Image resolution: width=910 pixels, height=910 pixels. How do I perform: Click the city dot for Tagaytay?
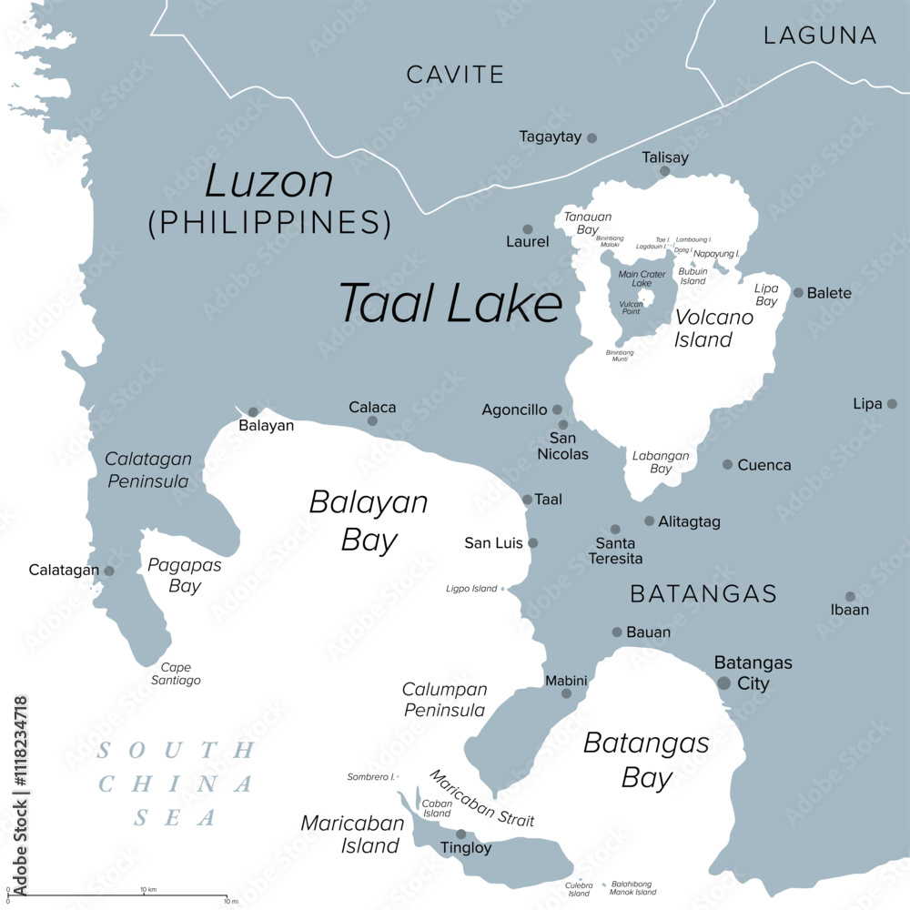point(591,137)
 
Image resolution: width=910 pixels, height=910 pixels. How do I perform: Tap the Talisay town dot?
point(664,171)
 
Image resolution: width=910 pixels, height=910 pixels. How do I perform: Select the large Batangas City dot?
point(723,682)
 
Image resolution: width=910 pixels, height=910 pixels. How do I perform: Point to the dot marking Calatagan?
point(109,571)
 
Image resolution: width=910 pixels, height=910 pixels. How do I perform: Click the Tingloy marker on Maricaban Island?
point(460,834)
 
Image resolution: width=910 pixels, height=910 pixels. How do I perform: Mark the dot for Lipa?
point(892,403)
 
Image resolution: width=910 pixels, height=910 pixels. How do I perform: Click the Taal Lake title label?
point(450,303)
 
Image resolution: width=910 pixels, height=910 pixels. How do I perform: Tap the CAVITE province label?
point(455,75)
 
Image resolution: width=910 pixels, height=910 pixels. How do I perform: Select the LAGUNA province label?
point(820,35)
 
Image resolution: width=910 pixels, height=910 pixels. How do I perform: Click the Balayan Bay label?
point(369,521)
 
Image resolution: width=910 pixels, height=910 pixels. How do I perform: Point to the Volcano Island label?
point(713,329)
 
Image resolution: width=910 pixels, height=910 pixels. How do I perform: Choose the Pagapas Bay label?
point(184,575)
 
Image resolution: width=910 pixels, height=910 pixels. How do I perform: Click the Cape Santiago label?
point(175,674)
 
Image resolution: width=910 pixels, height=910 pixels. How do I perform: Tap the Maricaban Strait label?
point(482,798)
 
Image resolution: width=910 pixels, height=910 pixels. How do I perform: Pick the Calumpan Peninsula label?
point(445,700)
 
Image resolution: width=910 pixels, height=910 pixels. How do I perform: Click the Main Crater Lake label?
point(642,278)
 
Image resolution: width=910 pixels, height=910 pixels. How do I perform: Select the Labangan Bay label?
point(661,462)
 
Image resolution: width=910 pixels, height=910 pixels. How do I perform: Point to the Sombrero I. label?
point(371,777)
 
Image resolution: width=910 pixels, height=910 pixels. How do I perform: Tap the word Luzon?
point(268,182)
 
